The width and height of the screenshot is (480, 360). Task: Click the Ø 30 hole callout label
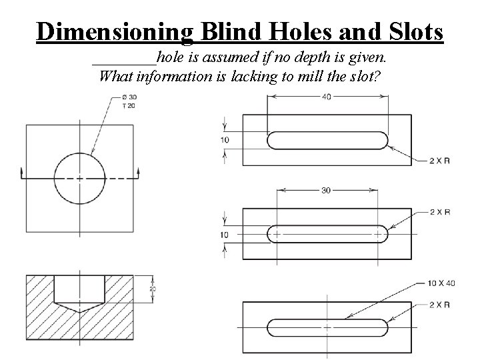[x=129, y=98]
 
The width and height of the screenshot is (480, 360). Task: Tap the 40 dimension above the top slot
[x=326, y=97]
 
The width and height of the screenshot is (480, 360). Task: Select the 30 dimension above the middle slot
[x=326, y=190]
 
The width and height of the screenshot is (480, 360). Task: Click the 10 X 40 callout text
[x=441, y=283]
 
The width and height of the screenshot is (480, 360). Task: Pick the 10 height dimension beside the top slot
[x=225, y=140]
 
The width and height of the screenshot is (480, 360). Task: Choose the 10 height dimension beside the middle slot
[x=225, y=234]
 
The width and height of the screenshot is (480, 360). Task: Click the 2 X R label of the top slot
[x=439, y=160]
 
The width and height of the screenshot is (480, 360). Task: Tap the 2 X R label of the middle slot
[x=439, y=212]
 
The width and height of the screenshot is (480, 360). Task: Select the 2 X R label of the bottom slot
[x=439, y=305]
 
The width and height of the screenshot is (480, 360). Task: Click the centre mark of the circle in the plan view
[x=80, y=178]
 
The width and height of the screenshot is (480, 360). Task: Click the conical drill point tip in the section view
[x=80, y=313]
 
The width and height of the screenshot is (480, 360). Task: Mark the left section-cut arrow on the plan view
[x=22, y=173]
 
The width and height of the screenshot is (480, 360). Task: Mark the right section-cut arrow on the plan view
[x=138, y=173]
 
